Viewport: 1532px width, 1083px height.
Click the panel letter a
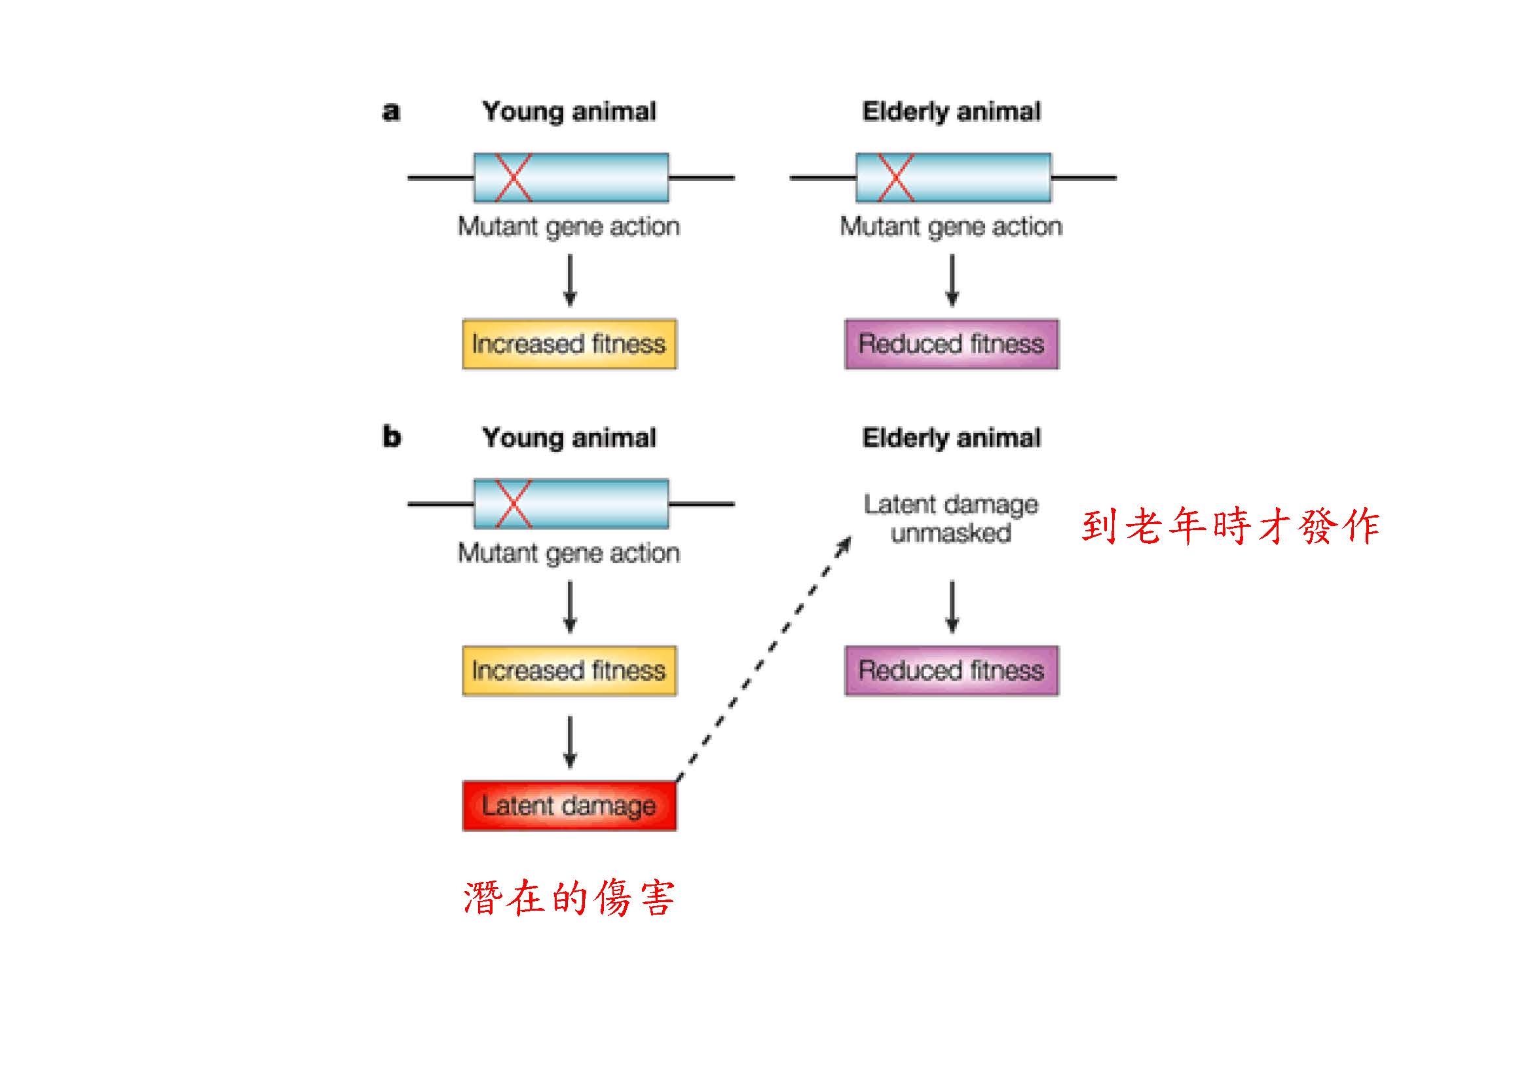coord(391,111)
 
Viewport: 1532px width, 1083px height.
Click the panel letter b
coord(392,437)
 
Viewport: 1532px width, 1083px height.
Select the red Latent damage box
coord(569,805)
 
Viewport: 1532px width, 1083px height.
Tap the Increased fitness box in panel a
coord(569,345)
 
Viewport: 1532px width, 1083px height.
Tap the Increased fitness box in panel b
coord(569,671)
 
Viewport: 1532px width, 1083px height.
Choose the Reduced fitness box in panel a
coord(952,345)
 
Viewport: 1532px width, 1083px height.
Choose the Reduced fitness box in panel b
coord(952,671)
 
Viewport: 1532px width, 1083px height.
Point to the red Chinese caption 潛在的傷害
coord(569,898)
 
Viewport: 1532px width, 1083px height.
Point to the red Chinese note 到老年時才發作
coord(1231,526)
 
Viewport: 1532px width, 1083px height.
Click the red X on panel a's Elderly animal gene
coord(895,178)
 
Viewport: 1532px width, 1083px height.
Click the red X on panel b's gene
coord(513,504)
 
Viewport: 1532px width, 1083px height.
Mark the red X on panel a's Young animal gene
coord(513,178)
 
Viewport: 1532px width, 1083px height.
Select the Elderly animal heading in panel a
coord(952,111)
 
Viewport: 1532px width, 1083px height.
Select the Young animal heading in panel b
coord(569,438)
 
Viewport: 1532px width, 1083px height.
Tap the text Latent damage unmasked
coord(952,518)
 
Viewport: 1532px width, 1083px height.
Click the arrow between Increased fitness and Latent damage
coord(570,742)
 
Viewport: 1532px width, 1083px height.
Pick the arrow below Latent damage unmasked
coord(952,606)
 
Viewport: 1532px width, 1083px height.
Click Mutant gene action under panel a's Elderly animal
coord(951,227)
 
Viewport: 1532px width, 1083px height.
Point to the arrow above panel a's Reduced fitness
coord(952,280)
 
